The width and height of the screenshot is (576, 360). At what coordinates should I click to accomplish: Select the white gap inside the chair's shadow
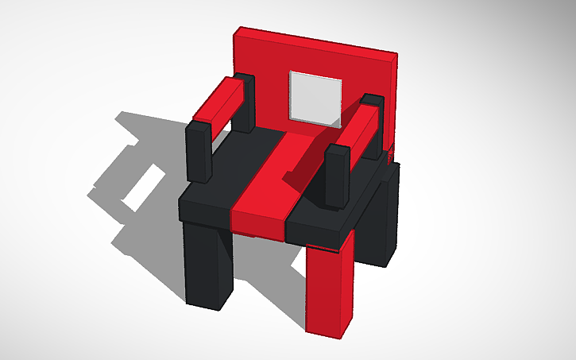click(x=143, y=180)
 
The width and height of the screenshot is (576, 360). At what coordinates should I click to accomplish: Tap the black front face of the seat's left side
click(x=204, y=212)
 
